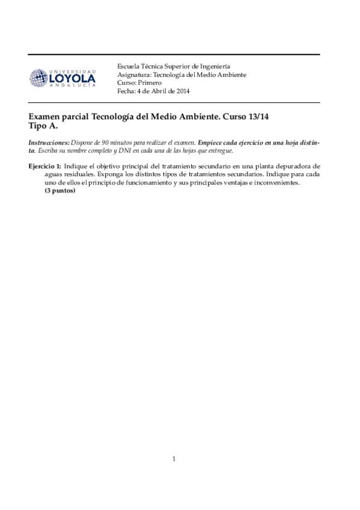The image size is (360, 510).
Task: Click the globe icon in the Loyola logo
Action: tap(38, 78)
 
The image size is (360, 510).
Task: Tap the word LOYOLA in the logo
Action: tap(72, 79)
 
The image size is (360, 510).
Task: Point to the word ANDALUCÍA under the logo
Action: tap(72, 87)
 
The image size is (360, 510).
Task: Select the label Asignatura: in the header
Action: tap(134, 75)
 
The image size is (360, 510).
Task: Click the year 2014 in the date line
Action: tap(182, 91)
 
